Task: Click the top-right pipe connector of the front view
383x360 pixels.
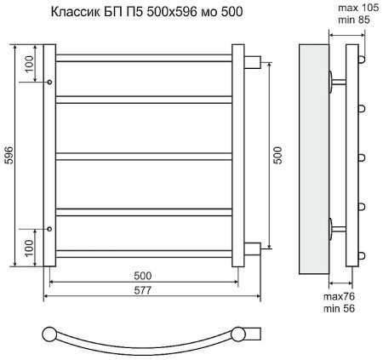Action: pos(251,61)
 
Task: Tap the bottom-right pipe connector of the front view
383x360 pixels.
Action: pos(251,249)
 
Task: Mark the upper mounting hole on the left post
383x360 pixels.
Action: pos(50,82)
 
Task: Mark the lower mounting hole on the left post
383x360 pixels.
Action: pos(50,229)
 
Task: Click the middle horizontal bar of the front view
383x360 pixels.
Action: pos(146,155)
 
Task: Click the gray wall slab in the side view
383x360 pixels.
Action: pos(316,155)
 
